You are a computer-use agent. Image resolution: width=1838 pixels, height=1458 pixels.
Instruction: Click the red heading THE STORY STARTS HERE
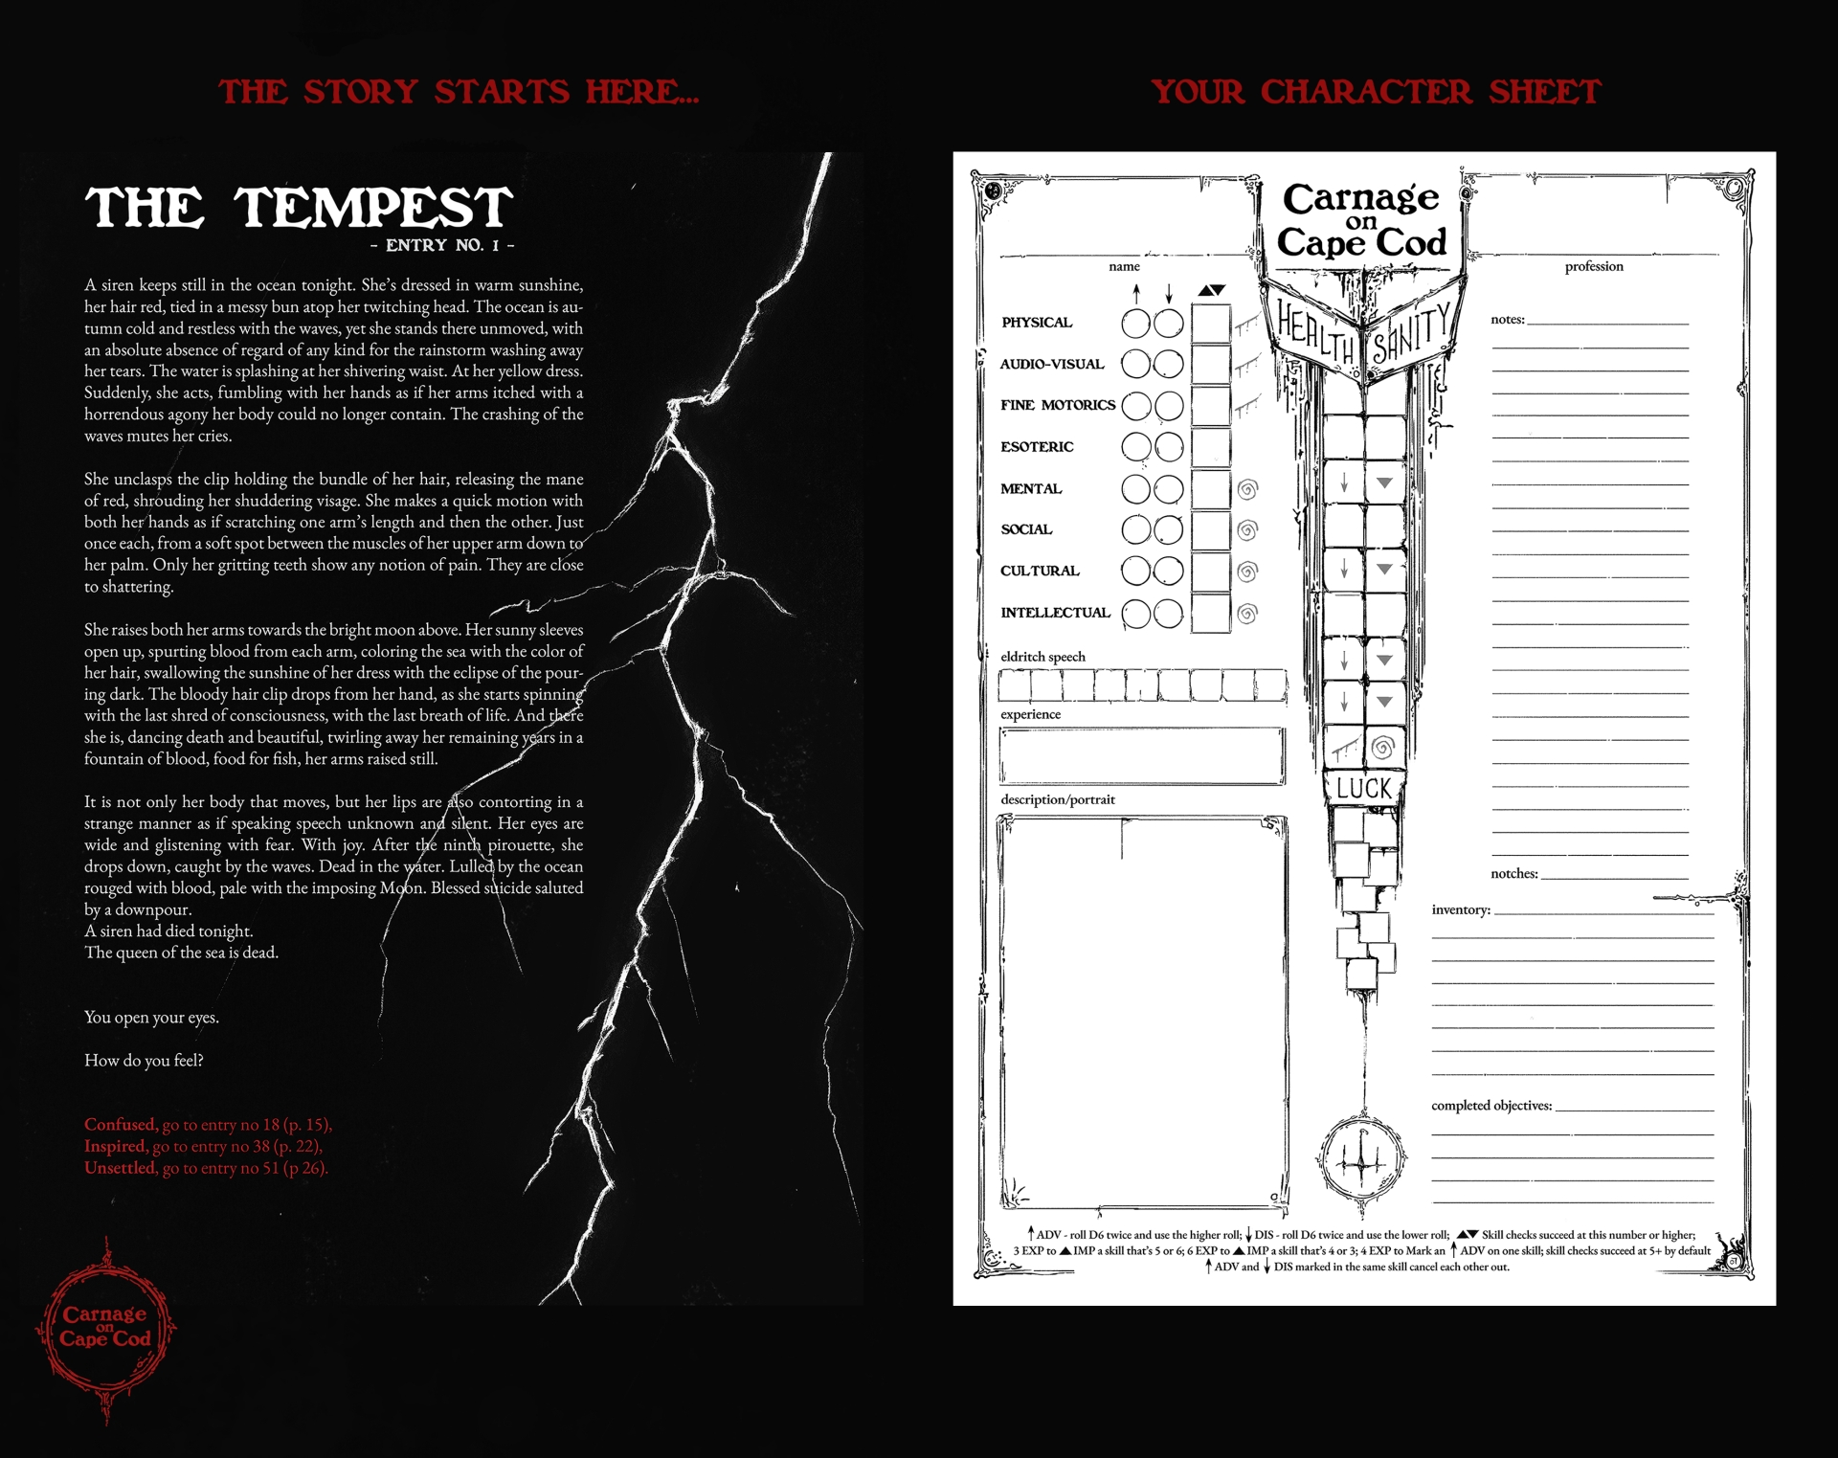tap(459, 92)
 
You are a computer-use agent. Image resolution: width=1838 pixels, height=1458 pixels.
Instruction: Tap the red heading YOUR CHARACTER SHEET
tap(1376, 92)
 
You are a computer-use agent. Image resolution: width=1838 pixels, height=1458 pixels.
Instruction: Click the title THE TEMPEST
tap(299, 208)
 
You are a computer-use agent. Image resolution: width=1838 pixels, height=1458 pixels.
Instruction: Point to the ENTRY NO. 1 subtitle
tap(442, 245)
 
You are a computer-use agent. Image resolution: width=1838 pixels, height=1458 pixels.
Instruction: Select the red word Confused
tap(120, 1124)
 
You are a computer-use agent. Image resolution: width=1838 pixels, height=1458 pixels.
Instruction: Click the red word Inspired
tap(115, 1146)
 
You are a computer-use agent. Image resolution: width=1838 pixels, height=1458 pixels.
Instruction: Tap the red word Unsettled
tap(120, 1168)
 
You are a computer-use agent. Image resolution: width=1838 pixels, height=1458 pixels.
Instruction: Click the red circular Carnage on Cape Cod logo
tap(105, 1326)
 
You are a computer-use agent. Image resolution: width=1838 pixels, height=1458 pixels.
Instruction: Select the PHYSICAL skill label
tap(1037, 323)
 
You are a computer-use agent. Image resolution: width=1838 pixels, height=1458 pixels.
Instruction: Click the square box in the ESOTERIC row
tap(1211, 448)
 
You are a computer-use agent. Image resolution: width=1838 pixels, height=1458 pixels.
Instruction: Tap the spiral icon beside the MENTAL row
tap(1247, 489)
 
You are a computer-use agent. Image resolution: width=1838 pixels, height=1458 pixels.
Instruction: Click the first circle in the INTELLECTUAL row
tap(1135, 614)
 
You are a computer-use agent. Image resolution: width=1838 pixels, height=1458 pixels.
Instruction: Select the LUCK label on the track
tap(1364, 789)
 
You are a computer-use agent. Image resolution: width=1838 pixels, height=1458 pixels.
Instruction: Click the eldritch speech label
tap(1042, 657)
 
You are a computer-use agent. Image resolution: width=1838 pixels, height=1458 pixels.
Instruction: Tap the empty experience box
tap(1141, 756)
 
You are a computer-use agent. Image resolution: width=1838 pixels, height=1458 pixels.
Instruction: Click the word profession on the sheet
tap(1594, 266)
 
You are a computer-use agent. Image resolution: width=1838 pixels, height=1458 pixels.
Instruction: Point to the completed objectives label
tap(1491, 1106)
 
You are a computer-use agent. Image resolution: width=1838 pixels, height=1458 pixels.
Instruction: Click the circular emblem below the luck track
tap(1361, 1159)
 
